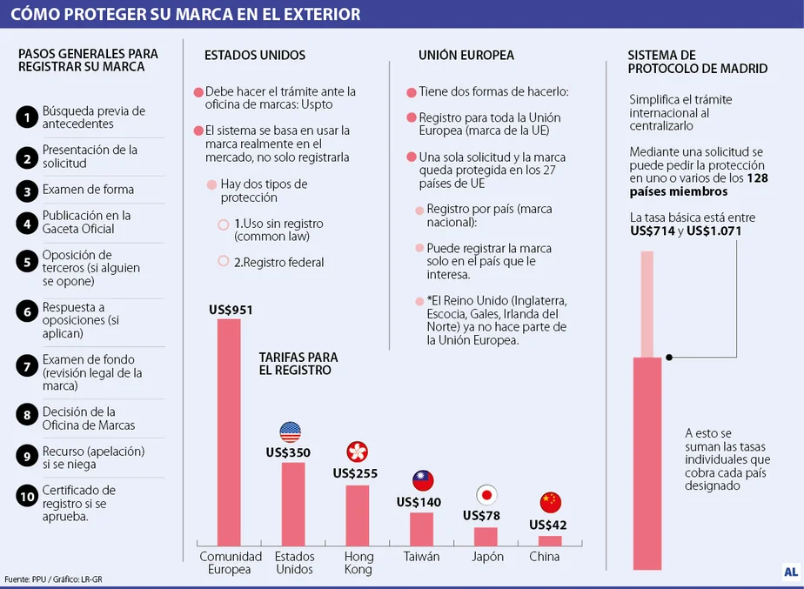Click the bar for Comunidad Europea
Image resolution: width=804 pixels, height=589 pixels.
tap(229, 432)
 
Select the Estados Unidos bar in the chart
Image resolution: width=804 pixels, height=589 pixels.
tap(293, 503)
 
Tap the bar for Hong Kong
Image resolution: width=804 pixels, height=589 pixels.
tap(358, 514)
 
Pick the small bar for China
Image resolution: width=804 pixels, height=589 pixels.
tap(550, 540)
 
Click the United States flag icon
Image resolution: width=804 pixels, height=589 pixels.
tap(290, 432)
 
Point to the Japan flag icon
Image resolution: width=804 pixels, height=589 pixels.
tap(486, 495)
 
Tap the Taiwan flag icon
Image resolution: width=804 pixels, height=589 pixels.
tap(423, 480)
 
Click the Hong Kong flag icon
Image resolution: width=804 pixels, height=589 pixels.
tap(357, 452)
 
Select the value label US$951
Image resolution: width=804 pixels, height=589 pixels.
tap(231, 310)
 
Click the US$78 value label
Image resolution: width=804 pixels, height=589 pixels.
tap(481, 515)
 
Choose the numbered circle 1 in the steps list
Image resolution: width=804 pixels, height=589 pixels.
tap(28, 116)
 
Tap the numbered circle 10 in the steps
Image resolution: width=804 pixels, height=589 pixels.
tap(28, 496)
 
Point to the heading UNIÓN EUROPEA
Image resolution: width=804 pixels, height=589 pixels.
tap(466, 55)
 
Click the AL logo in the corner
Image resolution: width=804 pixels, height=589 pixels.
tap(789, 572)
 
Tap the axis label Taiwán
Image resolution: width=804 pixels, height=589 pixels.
tap(421, 557)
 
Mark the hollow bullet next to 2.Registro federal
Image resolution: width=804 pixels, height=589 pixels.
tap(224, 261)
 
